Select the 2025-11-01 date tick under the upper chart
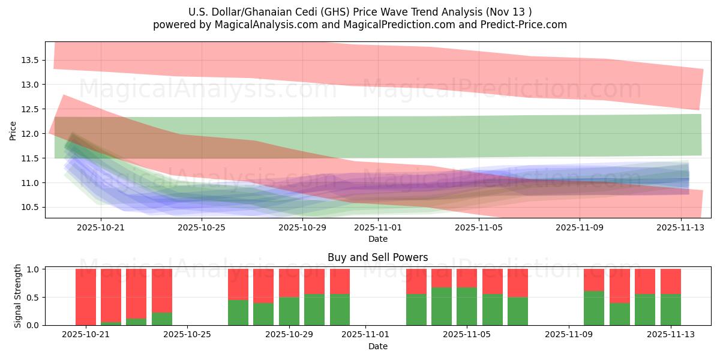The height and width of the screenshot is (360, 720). point(378,227)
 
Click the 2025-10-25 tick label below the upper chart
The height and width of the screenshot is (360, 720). point(202,227)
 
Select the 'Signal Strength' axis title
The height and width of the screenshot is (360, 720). point(18,296)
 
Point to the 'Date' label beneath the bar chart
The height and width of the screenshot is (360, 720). point(378,346)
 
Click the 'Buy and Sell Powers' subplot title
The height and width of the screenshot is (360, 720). point(378,257)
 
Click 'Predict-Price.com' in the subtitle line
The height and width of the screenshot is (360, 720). point(520,25)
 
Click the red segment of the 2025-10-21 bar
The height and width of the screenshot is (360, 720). point(86,296)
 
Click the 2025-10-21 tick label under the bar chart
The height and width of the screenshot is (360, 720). point(86,335)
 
